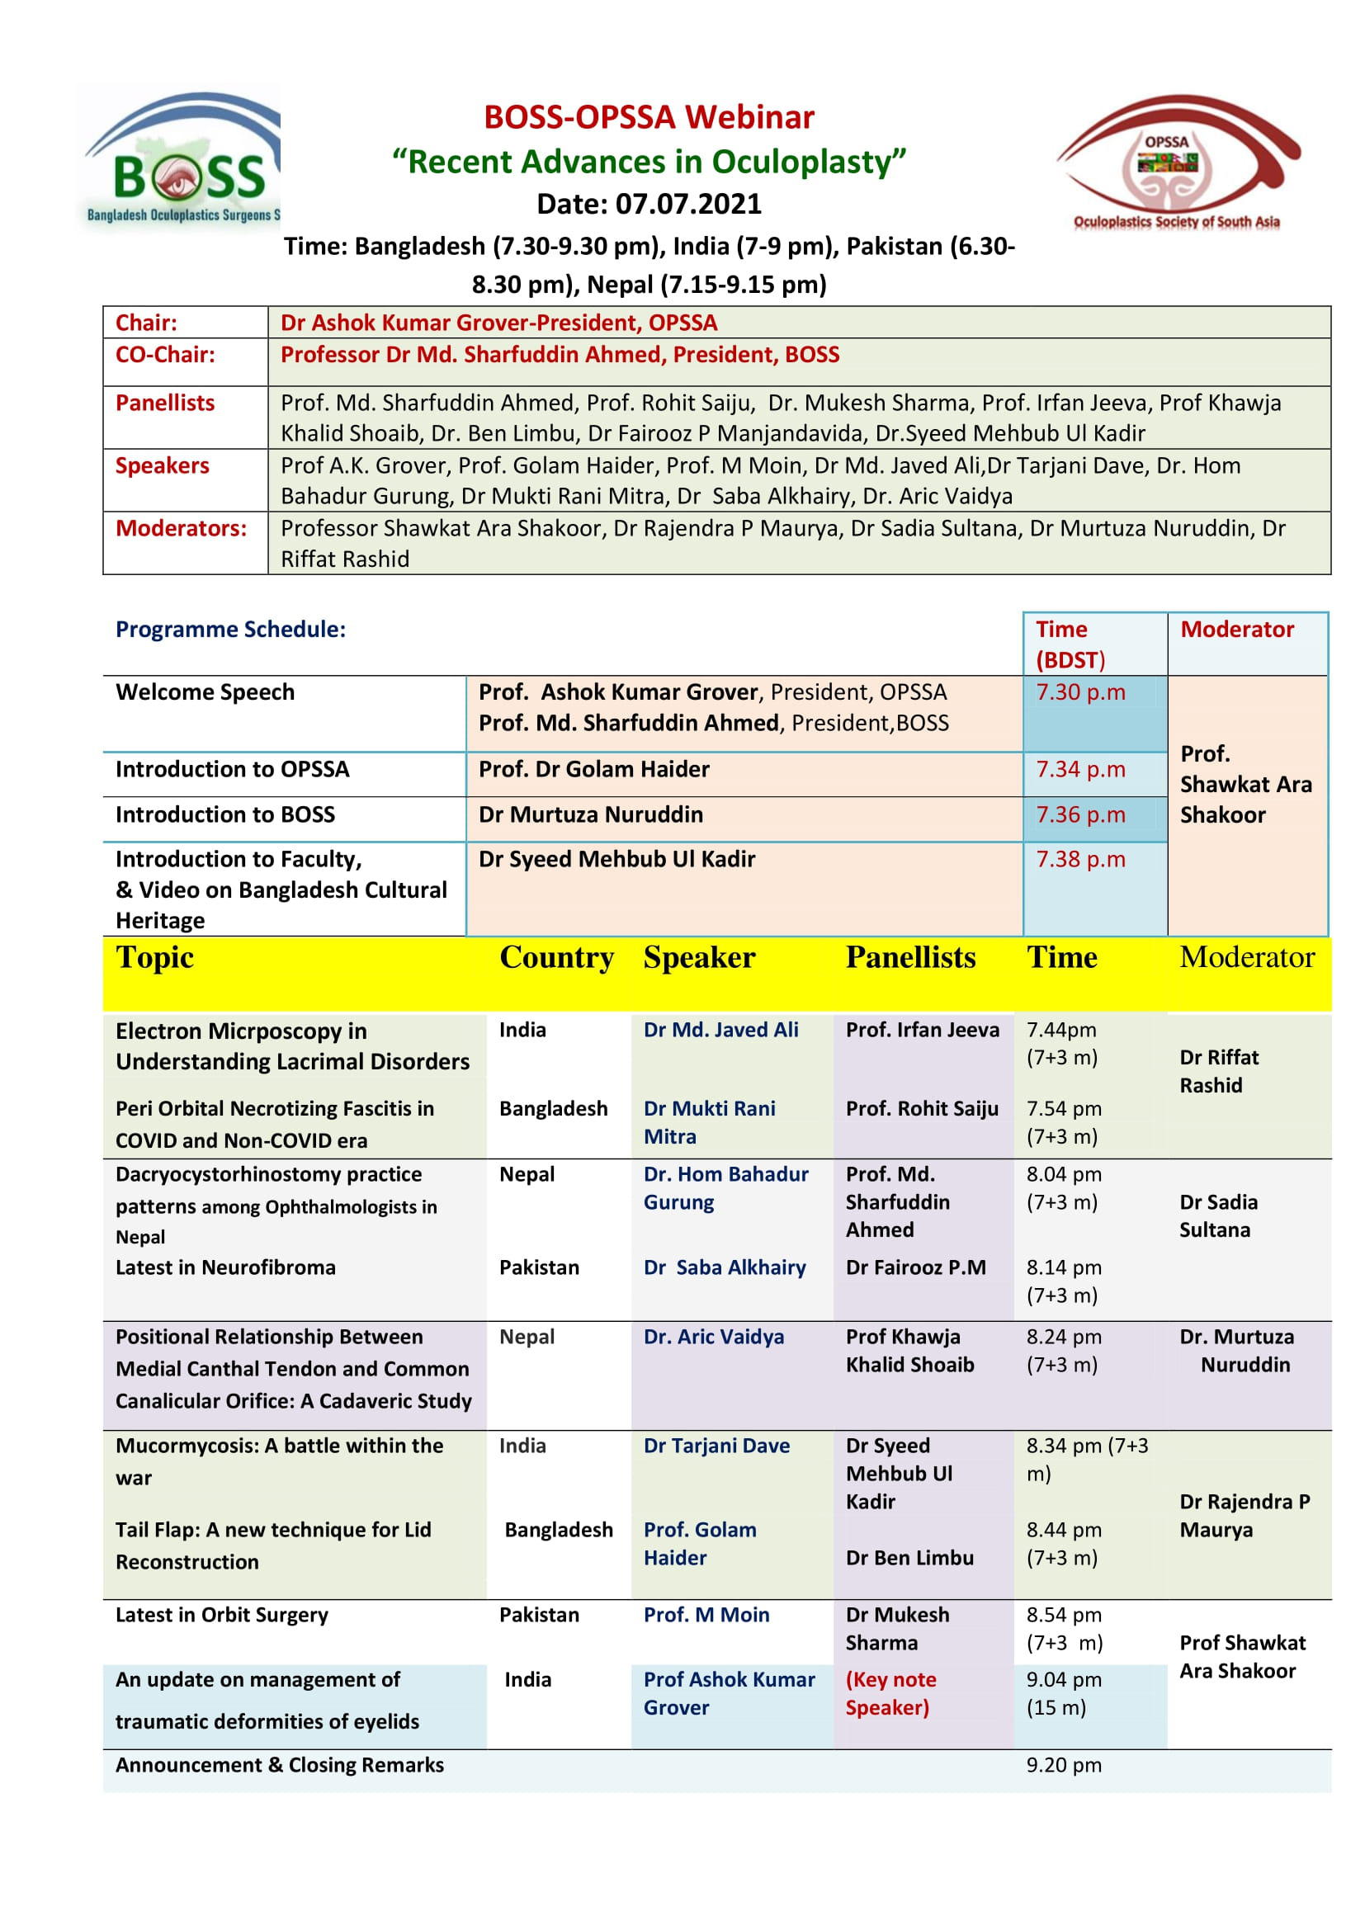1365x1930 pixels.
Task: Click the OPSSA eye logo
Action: pos(1177,162)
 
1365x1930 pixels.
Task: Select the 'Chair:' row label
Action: pos(146,323)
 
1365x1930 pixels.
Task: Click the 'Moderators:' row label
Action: pos(181,528)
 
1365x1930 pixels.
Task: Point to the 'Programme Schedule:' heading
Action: pos(230,629)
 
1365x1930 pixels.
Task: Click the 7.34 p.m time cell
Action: pos(1080,769)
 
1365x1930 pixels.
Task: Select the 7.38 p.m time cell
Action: pos(1080,859)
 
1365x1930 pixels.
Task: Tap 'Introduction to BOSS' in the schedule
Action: pos(225,814)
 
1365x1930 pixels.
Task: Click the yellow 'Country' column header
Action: pos(556,957)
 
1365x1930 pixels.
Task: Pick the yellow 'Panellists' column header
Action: pos(910,957)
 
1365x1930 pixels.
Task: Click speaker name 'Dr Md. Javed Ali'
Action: pos(720,1030)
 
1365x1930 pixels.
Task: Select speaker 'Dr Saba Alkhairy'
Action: pos(725,1267)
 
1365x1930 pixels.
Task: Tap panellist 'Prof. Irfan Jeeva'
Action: pos(922,1030)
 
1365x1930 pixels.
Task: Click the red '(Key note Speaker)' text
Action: pos(890,1694)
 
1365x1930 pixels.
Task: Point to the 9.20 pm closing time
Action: pos(1063,1765)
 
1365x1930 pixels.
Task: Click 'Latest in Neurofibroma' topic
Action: pos(225,1267)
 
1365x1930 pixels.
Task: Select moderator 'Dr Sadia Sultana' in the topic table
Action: pos(1218,1216)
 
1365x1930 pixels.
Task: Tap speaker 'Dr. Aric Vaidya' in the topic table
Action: pos(714,1338)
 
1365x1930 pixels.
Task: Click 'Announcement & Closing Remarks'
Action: pos(279,1765)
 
